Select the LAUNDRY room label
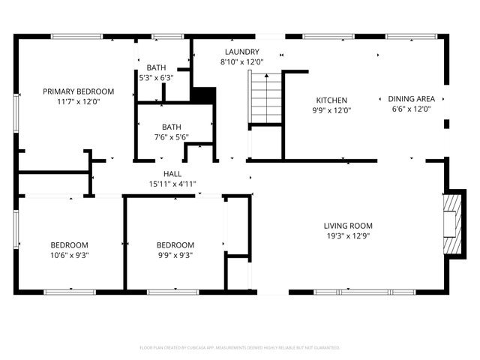pos(241,52)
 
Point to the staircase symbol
pos(265,98)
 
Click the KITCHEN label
pos(331,100)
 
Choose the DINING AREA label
pos(411,99)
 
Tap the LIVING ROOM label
pos(348,226)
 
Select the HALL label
pos(173,173)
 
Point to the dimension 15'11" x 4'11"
pos(173,183)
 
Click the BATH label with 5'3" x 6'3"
pos(156,67)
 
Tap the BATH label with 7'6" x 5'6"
pos(171,127)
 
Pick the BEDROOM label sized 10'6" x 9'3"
pos(69,245)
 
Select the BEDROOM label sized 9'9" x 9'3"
pos(175,245)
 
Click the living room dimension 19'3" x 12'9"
pos(348,235)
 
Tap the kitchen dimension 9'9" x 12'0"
pos(331,109)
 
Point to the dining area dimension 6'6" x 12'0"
pos(411,109)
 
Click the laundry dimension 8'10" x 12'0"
pos(241,61)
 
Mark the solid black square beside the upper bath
pos(203,96)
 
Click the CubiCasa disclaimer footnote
pos(240,347)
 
